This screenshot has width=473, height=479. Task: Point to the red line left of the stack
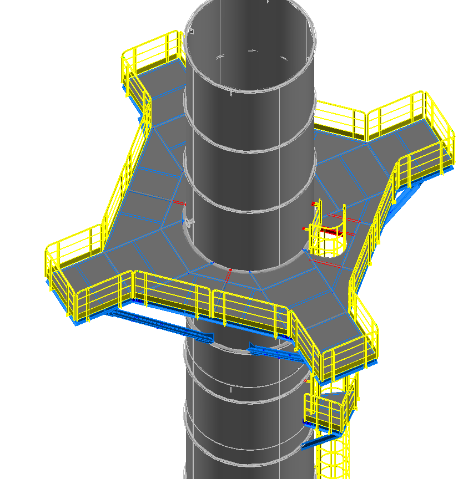point(178,202)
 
